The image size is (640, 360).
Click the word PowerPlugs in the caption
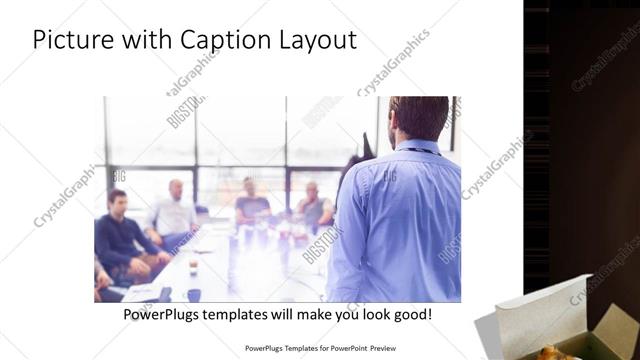[x=166, y=314]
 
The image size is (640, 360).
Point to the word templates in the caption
[x=249, y=314]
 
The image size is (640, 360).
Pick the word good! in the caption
[x=412, y=314]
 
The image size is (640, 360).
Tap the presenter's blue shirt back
[x=395, y=220]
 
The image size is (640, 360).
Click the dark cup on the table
[x=193, y=295]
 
